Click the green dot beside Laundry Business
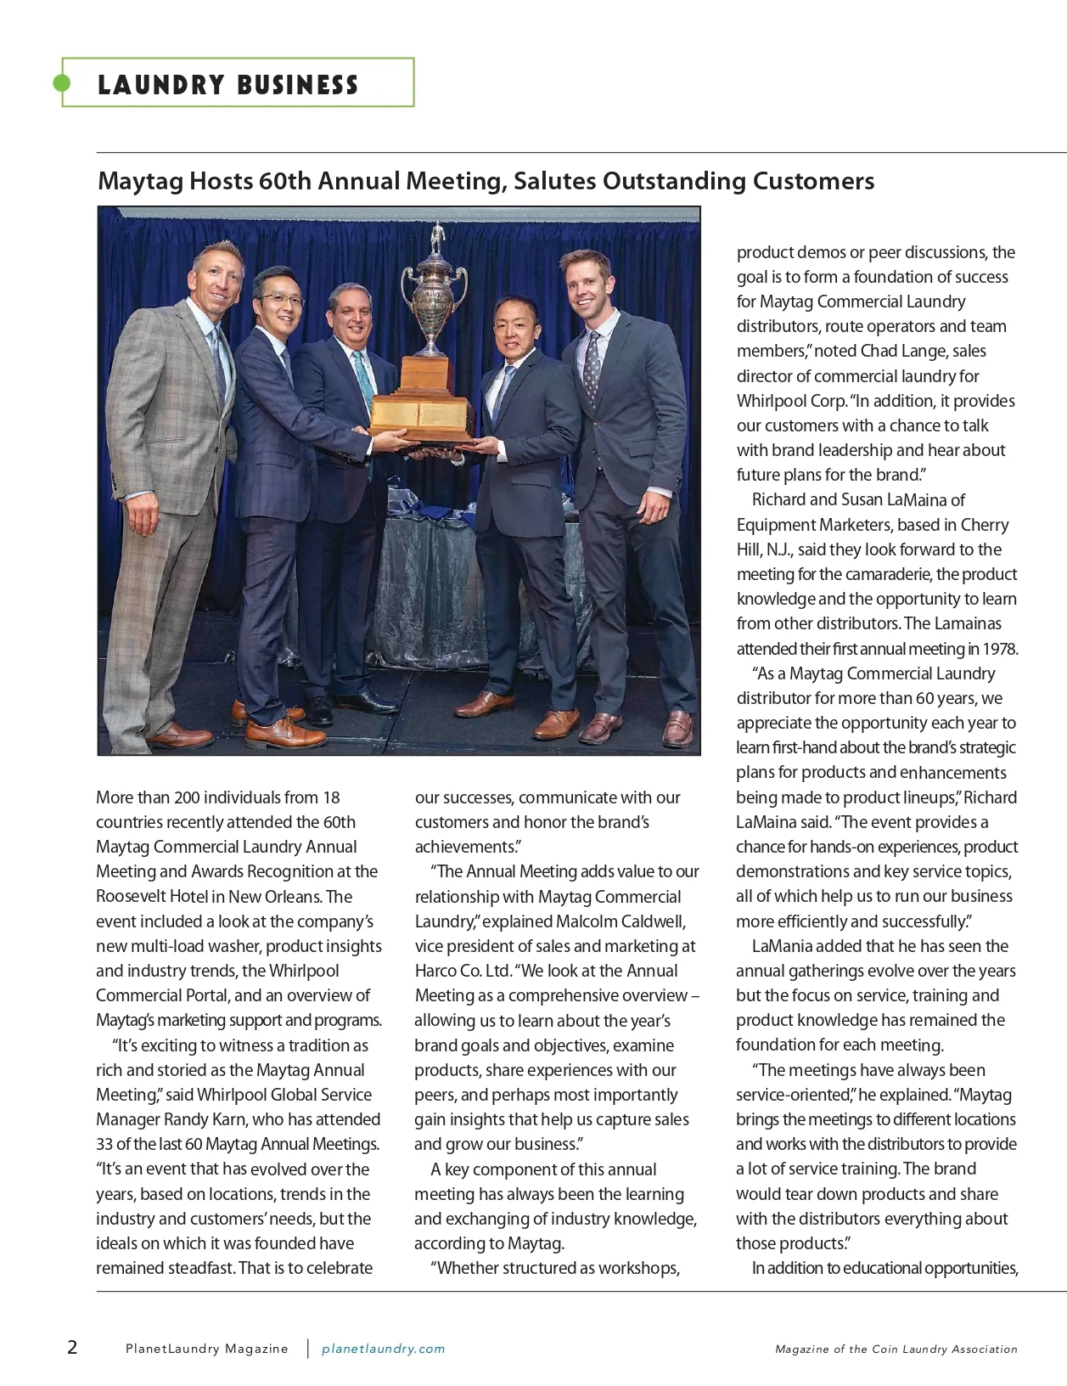tap(62, 82)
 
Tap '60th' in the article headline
tap(285, 181)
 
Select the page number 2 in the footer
tap(72, 1347)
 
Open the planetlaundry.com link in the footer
tap(383, 1349)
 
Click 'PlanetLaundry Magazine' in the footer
tap(206, 1349)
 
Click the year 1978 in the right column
tap(999, 649)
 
